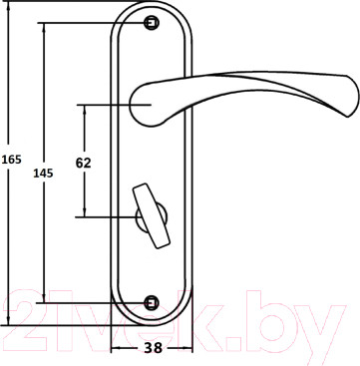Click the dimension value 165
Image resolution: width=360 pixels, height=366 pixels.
click(12, 160)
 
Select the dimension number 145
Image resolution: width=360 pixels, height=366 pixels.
click(43, 174)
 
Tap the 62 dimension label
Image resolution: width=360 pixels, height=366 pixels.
click(84, 163)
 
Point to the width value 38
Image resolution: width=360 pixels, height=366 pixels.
click(154, 348)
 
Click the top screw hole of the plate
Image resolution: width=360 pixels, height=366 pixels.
click(152, 23)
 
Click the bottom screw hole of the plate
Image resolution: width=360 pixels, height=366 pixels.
click(152, 303)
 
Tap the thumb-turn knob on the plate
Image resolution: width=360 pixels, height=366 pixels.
click(152, 216)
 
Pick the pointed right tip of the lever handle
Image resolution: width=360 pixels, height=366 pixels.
click(348, 117)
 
